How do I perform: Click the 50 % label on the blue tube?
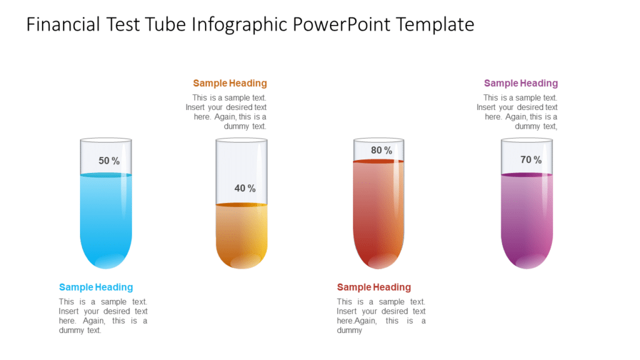tap(109, 161)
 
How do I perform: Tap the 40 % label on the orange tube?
tap(245, 188)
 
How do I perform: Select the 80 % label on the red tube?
tap(381, 150)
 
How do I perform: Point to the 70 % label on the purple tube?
tap(531, 160)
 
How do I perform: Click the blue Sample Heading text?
tap(96, 287)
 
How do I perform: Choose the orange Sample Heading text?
tap(230, 83)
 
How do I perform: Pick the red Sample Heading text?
tap(374, 287)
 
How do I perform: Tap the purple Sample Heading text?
tap(521, 83)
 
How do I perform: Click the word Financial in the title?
tap(64, 24)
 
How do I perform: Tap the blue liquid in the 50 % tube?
tap(106, 219)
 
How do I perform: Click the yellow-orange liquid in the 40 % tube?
tap(241, 234)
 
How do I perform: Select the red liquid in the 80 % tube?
tap(378, 212)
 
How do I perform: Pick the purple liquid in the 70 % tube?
tap(526, 219)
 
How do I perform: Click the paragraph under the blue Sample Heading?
tap(103, 316)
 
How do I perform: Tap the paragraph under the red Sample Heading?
tap(381, 316)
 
